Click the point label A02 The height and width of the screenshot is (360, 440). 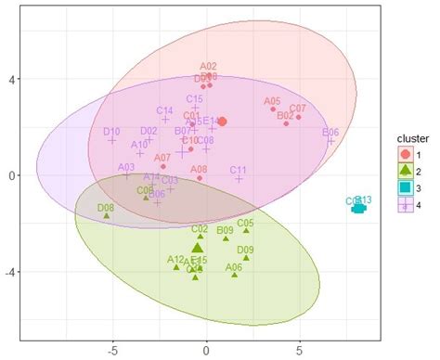(208, 66)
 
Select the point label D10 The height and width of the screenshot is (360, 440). (111, 132)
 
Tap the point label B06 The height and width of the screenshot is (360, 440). (330, 133)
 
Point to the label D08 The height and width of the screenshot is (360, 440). (107, 209)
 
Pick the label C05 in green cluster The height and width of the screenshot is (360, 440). (245, 223)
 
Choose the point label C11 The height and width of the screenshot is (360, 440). (238, 170)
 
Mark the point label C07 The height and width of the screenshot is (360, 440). (298, 109)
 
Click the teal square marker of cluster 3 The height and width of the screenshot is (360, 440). (359, 208)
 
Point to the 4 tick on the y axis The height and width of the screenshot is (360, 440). (57, 79)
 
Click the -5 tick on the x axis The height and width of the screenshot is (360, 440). (111, 352)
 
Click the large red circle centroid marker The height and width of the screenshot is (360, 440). (222, 121)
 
